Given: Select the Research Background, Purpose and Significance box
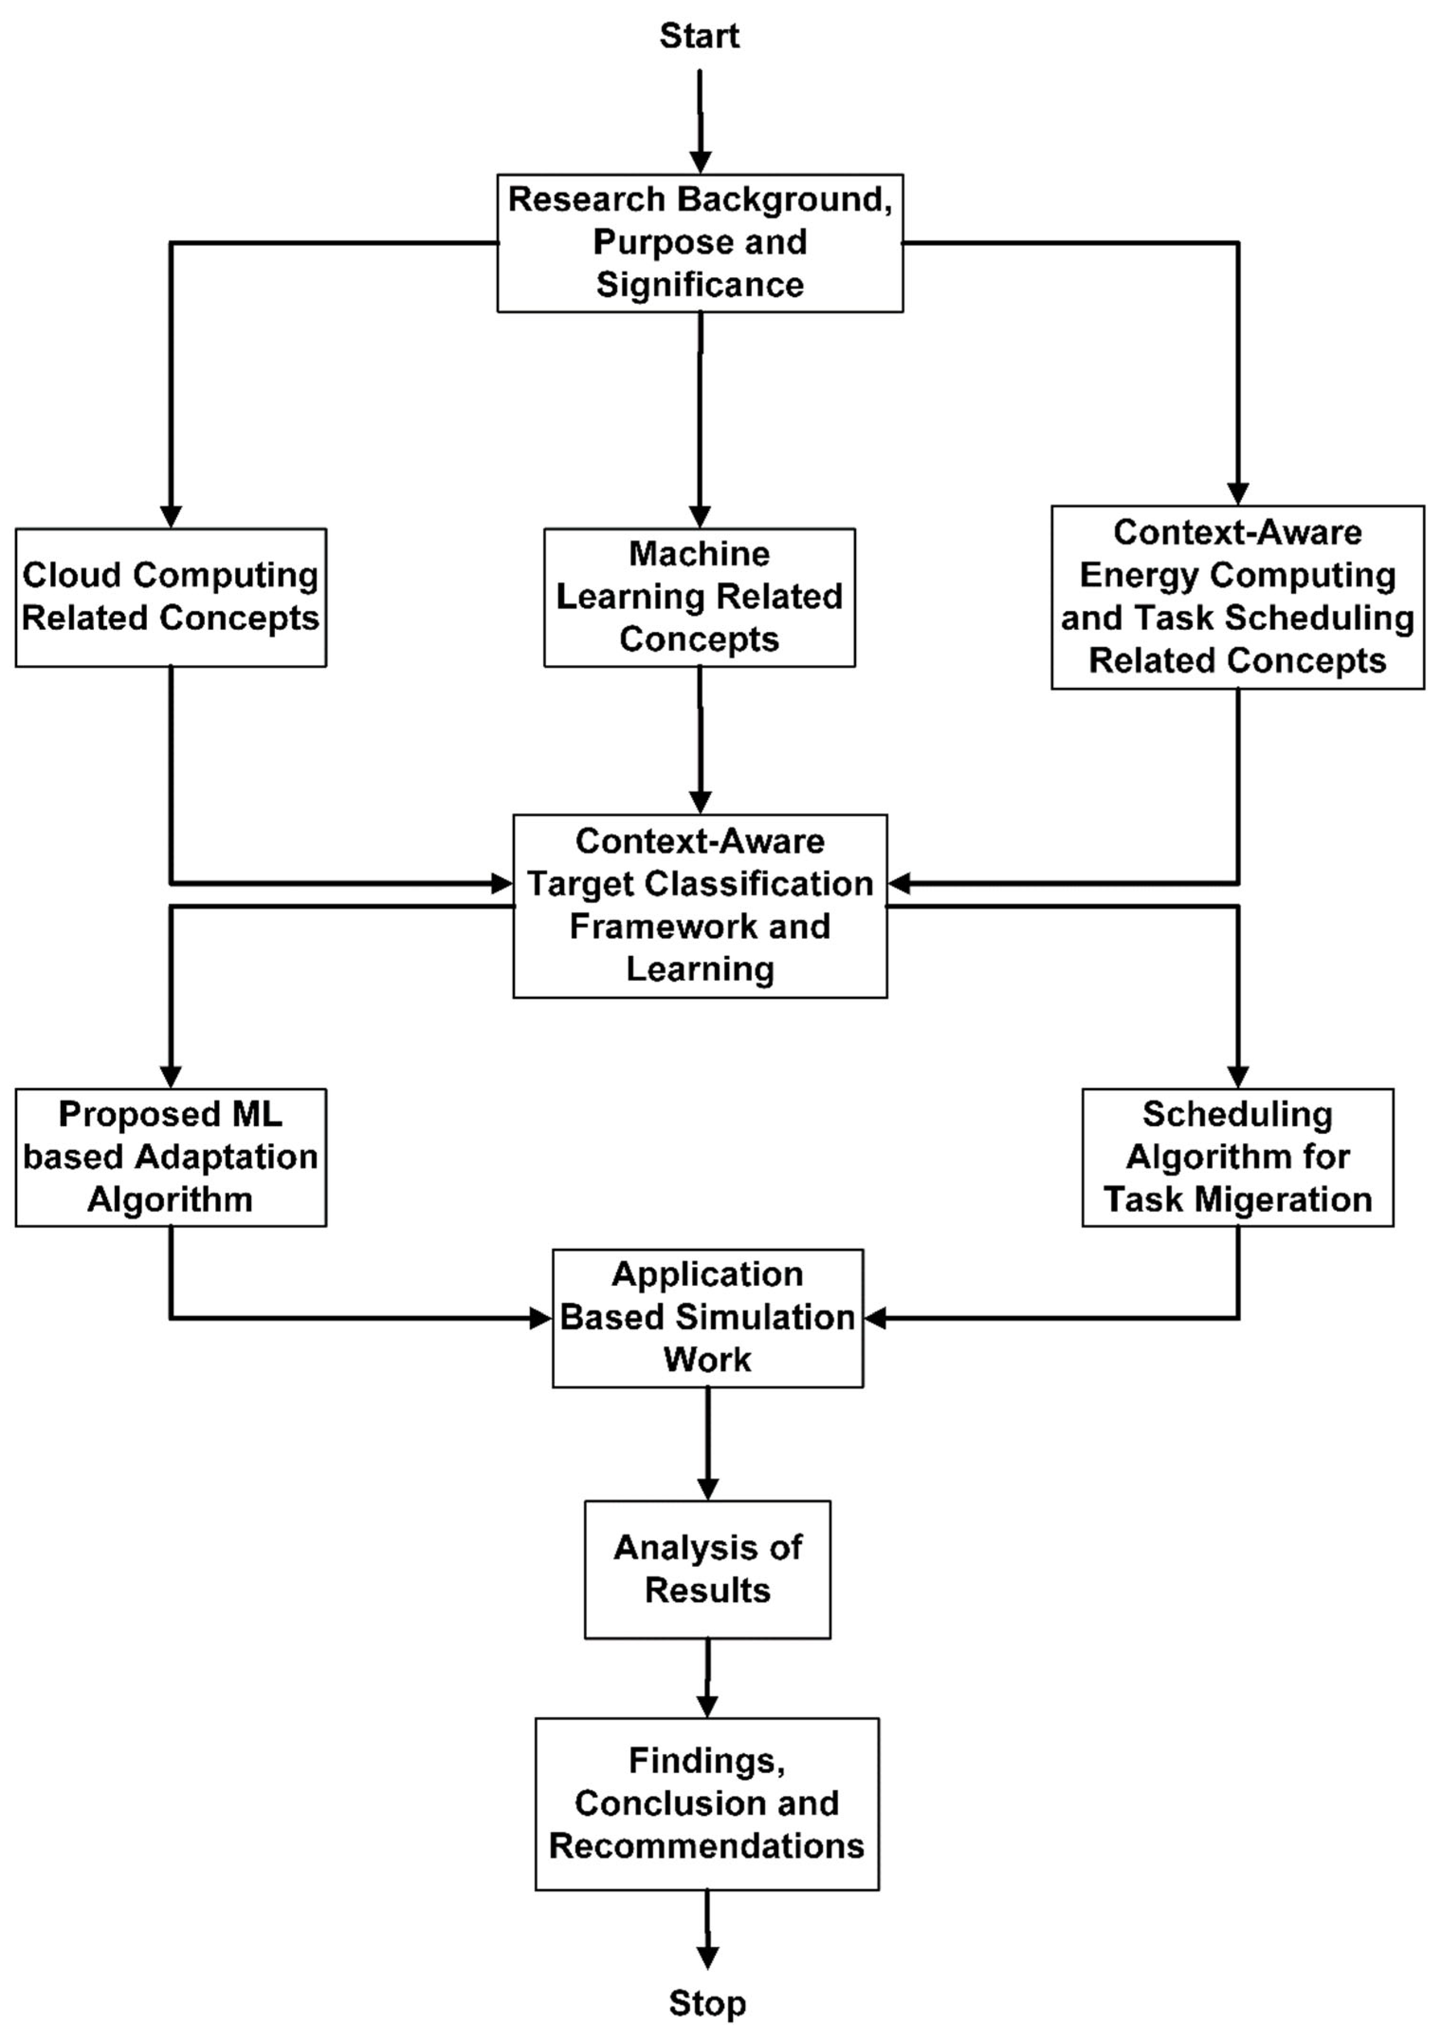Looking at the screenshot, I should tap(699, 243).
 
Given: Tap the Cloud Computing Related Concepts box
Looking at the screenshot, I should tap(171, 597).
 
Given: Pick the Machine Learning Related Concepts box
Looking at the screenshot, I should tap(699, 597).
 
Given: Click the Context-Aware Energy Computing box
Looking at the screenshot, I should tap(1237, 597).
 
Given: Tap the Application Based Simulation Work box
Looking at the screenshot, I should tap(707, 1318).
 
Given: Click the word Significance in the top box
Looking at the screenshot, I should tap(699, 285).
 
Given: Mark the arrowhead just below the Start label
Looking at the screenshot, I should tap(700, 162).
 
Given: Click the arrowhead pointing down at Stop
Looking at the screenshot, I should tap(707, 1958).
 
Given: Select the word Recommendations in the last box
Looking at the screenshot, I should tap(707, 1846).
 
